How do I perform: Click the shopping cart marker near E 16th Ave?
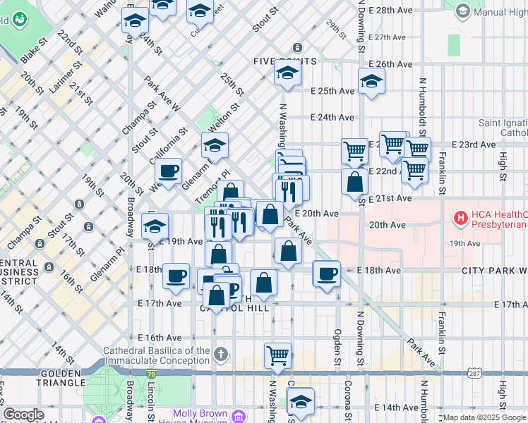click(x=277, y=355)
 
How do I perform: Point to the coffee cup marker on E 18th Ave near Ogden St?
click(x=326, y=274)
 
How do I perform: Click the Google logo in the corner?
click(x=23, y=415)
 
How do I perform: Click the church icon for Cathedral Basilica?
click(x=221, y=353)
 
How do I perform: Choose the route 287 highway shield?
click(x=469, y=372)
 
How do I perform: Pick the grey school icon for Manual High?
click(x=462, y=11)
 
